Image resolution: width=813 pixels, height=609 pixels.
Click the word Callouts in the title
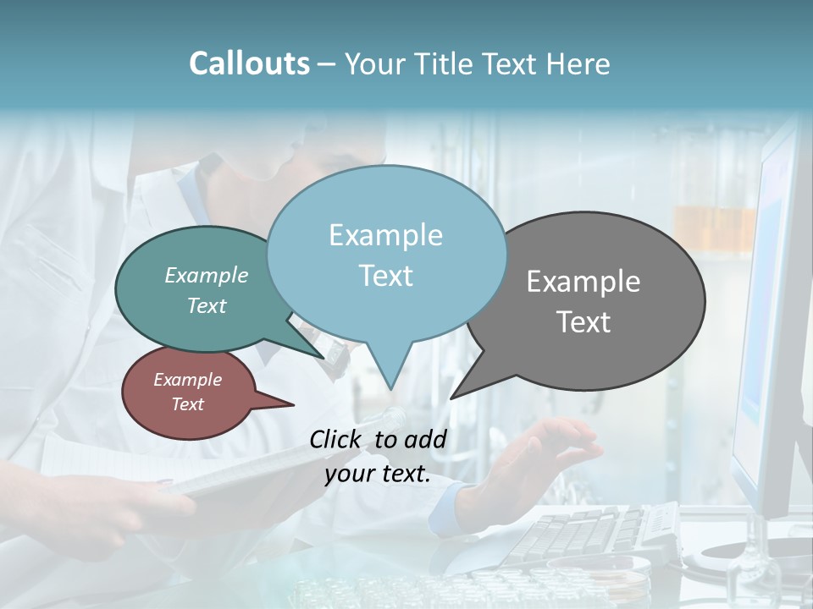coord(249,64)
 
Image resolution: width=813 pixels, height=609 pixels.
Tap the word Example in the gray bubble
coord(583,282)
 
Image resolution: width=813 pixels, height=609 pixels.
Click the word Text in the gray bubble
coord(583,322)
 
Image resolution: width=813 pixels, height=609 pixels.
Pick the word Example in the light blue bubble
coord(385,235)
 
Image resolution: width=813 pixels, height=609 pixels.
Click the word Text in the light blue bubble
coord(385,276)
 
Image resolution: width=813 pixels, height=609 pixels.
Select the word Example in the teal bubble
coord(207,276)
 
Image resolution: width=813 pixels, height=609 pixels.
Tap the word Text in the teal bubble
coord(207,305)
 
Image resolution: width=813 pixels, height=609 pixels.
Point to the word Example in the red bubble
coord(187,380)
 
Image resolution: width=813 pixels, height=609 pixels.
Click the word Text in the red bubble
coord(187,404)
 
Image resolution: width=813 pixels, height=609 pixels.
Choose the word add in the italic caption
coord(425,439)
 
